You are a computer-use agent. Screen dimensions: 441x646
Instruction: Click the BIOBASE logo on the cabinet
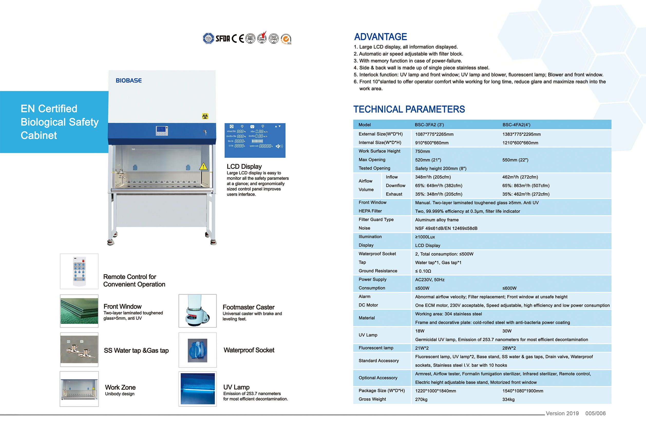[x=128, y=81]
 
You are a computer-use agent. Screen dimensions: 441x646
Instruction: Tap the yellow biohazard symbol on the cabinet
[x=205, y=116]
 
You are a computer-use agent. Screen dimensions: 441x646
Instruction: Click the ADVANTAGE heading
[x=380, y=37]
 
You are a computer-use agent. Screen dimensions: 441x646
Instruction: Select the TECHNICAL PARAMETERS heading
[x=409, y=109]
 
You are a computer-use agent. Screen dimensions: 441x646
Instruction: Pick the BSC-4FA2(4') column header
[x=516, y=125]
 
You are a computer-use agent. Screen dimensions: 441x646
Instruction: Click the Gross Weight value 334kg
[x=508, y=399]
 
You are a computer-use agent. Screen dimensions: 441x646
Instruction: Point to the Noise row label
[x=364, y=228]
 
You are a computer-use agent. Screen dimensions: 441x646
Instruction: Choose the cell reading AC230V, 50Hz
[x=430, y=280]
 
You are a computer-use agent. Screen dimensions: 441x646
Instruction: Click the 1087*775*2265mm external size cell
[x=434, y=134]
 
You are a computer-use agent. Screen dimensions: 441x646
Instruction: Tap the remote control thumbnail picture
[x=79, y=271]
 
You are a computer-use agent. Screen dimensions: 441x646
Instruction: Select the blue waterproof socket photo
[x=197, y=350]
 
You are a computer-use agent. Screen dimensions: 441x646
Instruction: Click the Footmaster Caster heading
[x=249, y=307]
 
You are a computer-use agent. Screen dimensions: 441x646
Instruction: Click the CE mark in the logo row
[x=238, y=38]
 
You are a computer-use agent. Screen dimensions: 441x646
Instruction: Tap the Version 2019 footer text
[x=562, y=413]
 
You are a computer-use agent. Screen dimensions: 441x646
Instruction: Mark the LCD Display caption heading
[x=244, y=166]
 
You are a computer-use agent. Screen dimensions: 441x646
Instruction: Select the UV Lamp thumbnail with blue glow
[x=198, y=388]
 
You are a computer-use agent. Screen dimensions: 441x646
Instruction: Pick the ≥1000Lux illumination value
[x=425, y=237]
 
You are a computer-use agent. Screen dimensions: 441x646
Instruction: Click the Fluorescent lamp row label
[x=376, y=348]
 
